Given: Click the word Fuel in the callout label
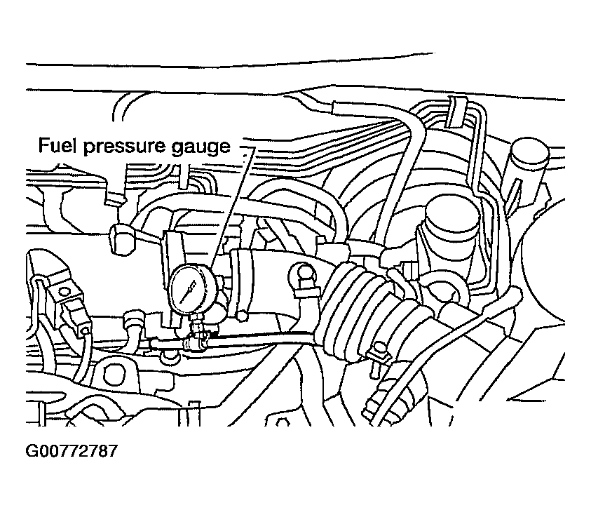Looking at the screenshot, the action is [56, 145].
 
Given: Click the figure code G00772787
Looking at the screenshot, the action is [72, 451].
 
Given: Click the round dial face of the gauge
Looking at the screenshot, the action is [190, 289].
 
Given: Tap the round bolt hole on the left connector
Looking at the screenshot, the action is [64, 291].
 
